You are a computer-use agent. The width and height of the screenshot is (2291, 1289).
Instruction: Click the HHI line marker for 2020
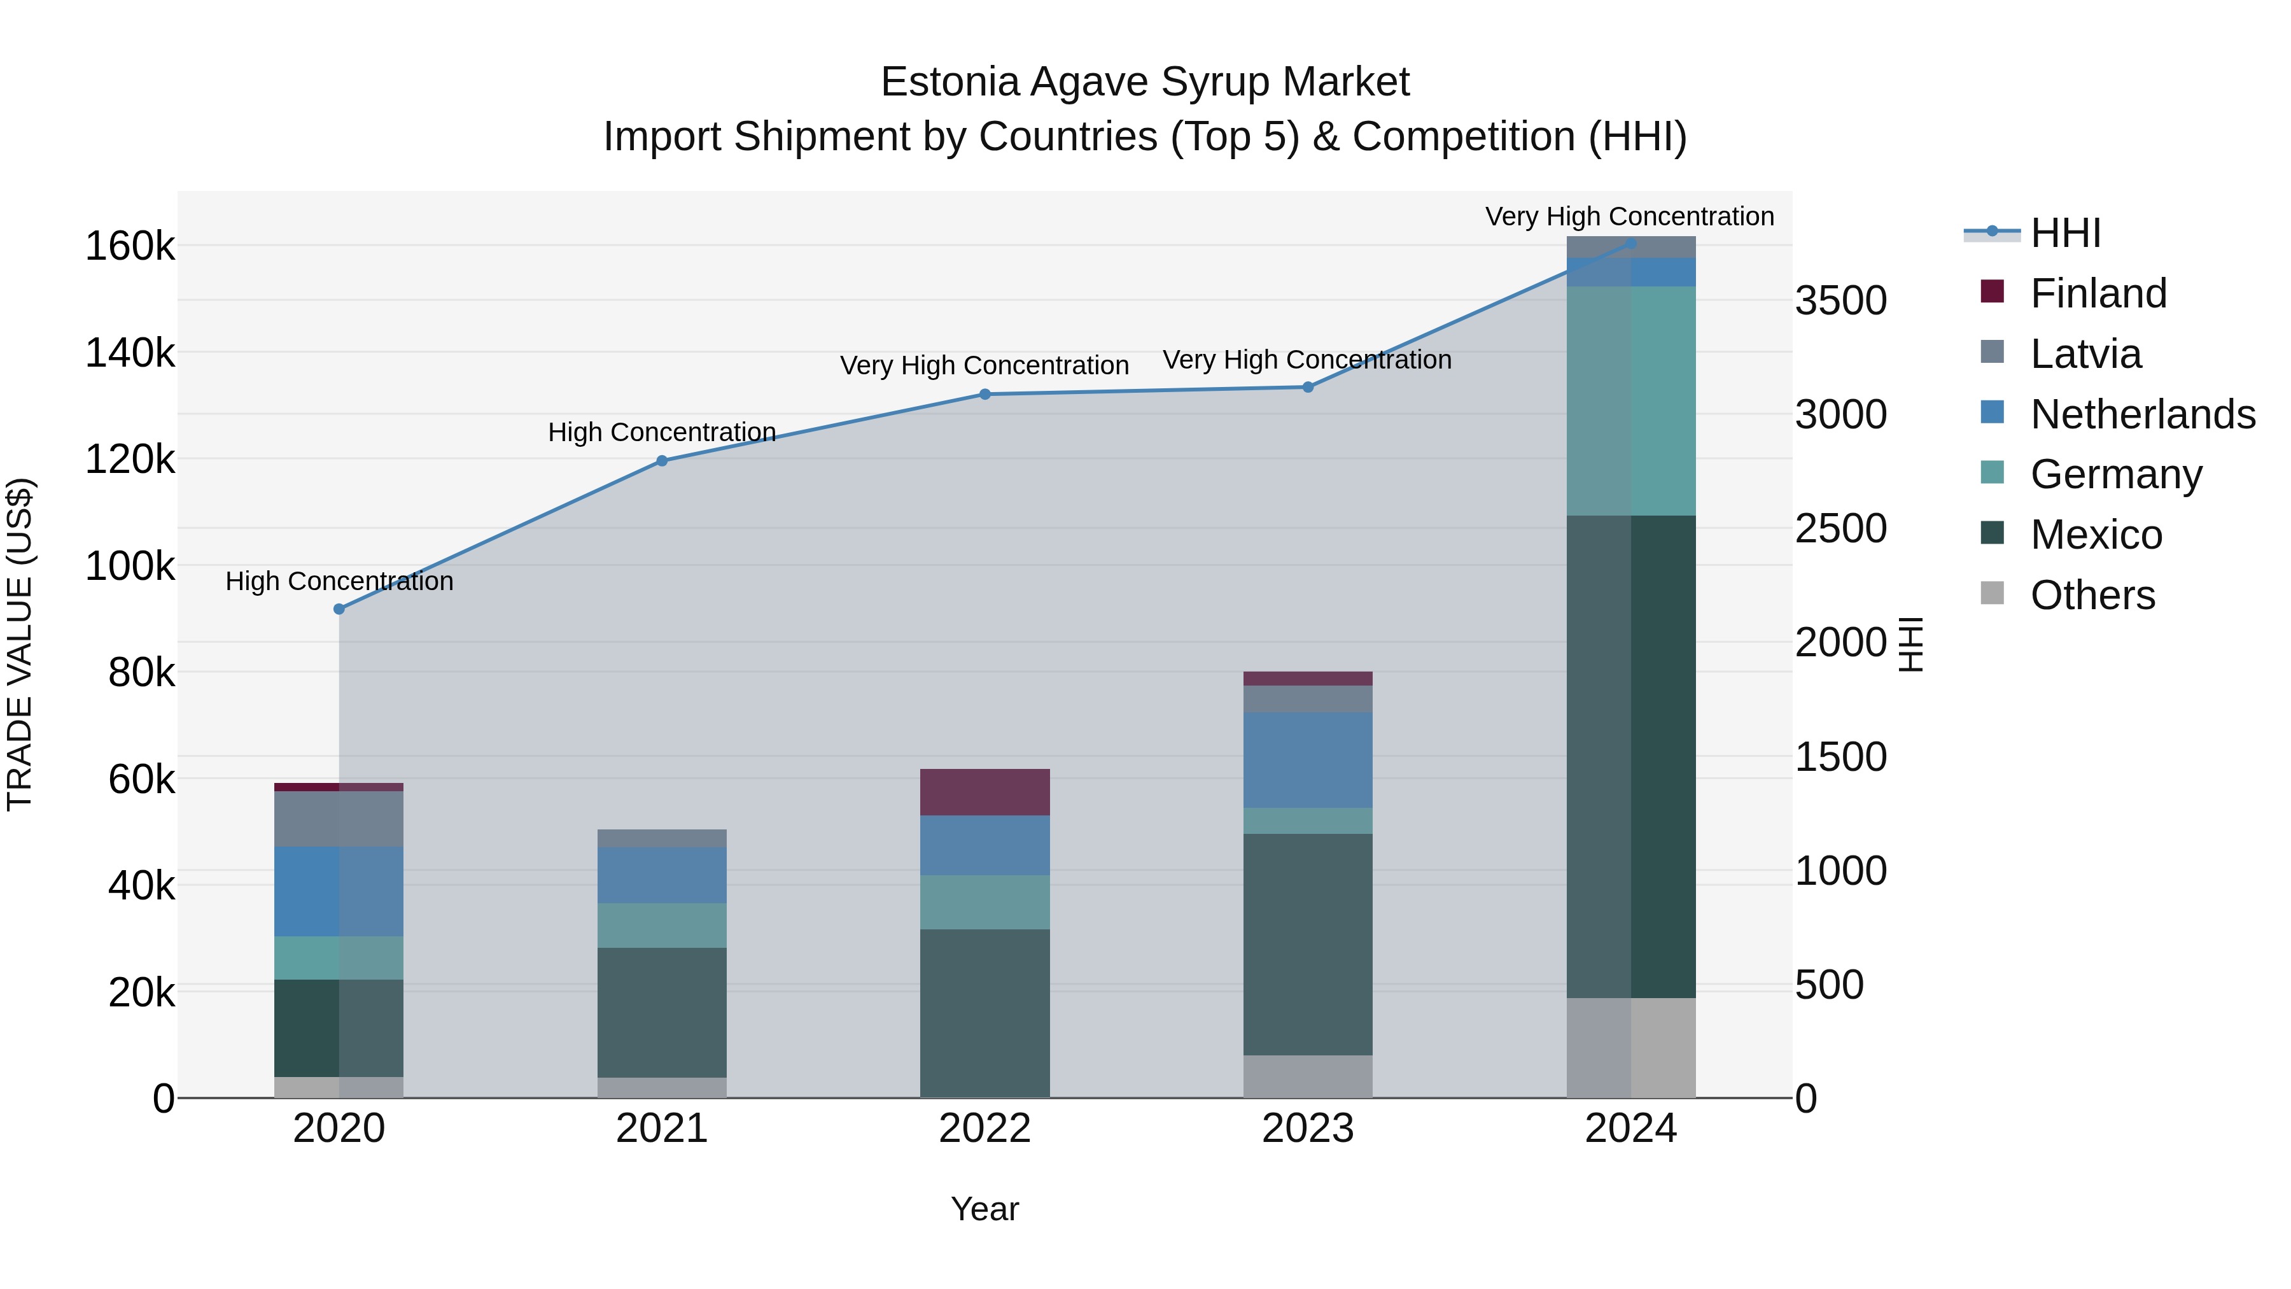tap(339, 609)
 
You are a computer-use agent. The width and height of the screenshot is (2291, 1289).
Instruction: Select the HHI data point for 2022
tap(984, 394)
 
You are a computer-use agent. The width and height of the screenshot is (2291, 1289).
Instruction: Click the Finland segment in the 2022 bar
tap(984, 792)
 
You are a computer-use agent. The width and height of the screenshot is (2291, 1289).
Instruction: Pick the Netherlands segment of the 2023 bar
tap(1307, 759)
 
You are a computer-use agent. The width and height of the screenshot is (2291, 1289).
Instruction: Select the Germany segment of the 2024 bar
tap(1630, 400)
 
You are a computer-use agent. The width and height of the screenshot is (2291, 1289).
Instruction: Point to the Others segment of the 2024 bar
tap(1630, 1047)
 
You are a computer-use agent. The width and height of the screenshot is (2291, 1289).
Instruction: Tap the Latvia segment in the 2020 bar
tap(339, 819)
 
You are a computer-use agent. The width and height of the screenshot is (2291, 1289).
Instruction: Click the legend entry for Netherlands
tap(2141, 414)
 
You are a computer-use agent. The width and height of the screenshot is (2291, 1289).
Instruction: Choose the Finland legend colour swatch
tap(1992, 292)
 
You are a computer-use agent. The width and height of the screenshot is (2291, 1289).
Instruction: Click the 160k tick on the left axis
tap(130, 246)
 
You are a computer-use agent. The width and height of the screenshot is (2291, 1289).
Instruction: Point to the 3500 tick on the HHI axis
tap(1840, 300)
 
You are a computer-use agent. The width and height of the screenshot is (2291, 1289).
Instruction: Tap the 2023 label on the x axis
tap(1307, 1129)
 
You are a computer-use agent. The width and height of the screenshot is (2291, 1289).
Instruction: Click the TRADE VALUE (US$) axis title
tap(20, 644)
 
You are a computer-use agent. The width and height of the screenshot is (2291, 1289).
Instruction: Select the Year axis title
tap(984, 1209)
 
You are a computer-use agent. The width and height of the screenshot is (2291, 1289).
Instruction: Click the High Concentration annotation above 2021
tap(662, 432)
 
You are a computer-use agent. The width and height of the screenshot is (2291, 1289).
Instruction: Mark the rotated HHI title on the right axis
tap(1910, 644)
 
